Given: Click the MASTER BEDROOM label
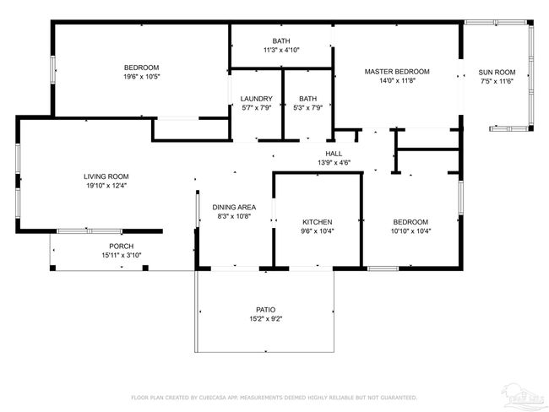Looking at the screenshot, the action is (x=397, y=72).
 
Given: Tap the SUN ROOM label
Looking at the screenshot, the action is (x=497, y=73).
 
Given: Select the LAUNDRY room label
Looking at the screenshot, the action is (x=256, y=99).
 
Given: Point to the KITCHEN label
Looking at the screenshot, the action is (x=318, y=222).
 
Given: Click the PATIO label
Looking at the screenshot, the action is (x=266, y=310).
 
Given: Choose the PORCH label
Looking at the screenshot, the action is (x=122, y=246).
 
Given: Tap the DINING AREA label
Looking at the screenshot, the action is (x=234, y=207).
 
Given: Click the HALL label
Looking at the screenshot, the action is (x=334, y=154).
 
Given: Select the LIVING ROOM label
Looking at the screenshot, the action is (x=106, y=176).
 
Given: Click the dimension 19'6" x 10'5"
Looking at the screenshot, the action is (x=142, y=77).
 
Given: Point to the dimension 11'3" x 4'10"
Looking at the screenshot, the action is (x=281, y=50).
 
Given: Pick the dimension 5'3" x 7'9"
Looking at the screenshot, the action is (x=307, y=108).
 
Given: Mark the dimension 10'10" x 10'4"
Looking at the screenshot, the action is (x=410, y=231).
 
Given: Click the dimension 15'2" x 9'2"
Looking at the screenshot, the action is (x=266, y=319).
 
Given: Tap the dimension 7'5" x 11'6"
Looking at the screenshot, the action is (x=497, y=82).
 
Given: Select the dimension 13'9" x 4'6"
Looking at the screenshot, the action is (x=334, y=163).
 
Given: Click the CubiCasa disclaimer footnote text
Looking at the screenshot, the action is (x=274, y=398).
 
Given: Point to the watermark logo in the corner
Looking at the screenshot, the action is (x=524, y=398).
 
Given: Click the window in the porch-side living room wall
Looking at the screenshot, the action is (x=90, y=231).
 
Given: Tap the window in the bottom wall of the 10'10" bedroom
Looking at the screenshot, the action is (x=383, y=268).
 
